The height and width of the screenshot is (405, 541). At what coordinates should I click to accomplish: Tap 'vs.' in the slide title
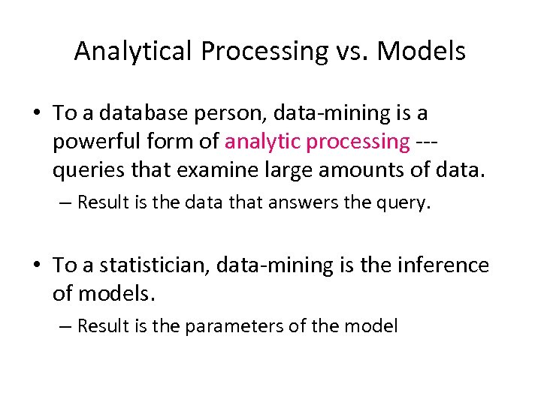(349, 51)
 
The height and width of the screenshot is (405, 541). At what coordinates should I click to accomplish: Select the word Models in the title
(422, 51)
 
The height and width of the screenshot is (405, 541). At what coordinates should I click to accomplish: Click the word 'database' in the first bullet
(140, 113)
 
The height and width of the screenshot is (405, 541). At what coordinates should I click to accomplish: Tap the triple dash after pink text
(429, 141)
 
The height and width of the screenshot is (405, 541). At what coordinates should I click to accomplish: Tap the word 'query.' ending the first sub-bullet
(405, 202)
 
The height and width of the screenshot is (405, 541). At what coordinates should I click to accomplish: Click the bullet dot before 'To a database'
(37, 114)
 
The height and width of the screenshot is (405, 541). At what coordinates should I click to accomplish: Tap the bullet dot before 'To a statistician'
(37, 265)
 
